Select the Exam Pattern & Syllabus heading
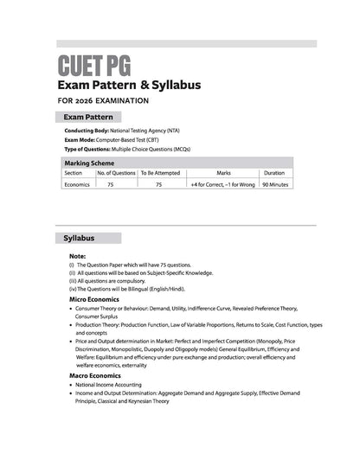click(129, 85)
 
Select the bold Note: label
click(77, 257)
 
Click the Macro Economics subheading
click(97, 376)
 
